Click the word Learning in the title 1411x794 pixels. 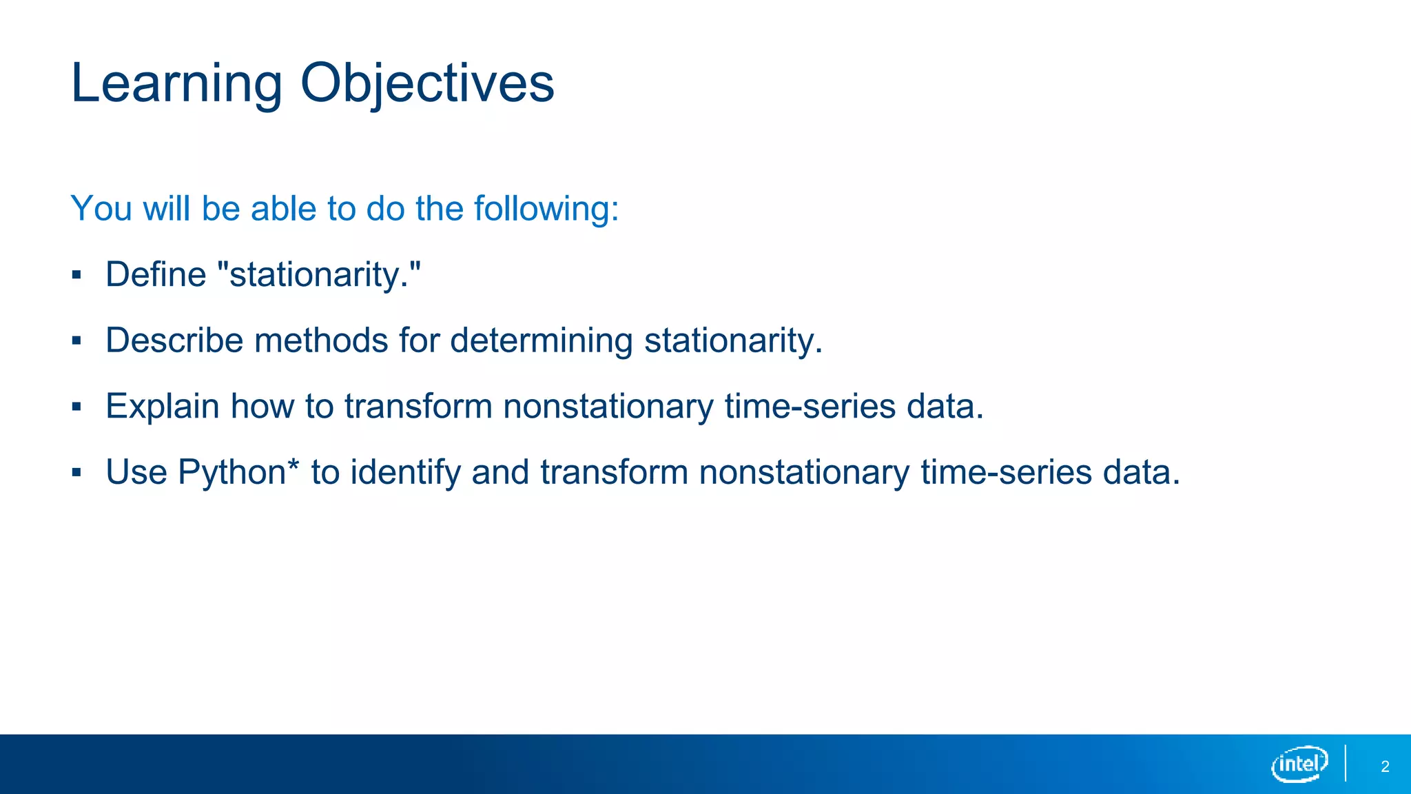tap(176, 83)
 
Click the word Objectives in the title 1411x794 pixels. tap(427, 83)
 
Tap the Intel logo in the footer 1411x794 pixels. tap(1299, 764)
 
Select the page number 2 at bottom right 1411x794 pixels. tap(1385, 766)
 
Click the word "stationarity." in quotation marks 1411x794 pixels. tap(319, 275)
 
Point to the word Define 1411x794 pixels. tap(156, 274)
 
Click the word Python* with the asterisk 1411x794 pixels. tap(238, 473)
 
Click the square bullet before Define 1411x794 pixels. tap(76, 276)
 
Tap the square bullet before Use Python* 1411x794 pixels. tap(76, 473)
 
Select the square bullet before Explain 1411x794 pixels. tap(76, 407)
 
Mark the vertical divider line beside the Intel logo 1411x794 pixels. tap(1346, 763)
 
